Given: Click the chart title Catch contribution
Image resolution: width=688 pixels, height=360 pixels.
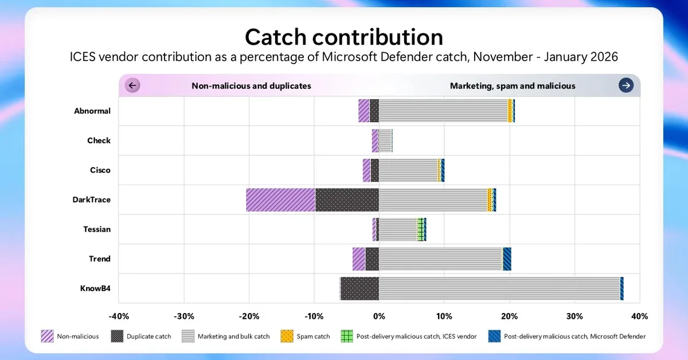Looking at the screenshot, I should pos(343,37).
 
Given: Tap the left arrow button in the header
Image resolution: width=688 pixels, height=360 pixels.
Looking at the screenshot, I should pos(132,86).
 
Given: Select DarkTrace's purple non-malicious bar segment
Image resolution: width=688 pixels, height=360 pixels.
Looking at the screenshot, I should pos(280,199).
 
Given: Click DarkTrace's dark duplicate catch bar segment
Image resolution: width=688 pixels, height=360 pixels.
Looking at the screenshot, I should pos(347,199).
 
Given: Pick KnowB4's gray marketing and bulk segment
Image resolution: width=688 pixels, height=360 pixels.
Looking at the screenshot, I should pos(499,288).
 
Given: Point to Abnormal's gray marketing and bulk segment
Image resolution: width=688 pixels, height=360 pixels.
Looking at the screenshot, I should pos(443,111).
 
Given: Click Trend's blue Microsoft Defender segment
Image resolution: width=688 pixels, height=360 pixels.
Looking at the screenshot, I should pos(507,259).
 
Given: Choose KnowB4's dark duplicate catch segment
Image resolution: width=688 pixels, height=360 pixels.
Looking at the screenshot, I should pos(359,288).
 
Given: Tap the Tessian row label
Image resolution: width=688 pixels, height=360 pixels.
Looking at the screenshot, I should pos(97,229).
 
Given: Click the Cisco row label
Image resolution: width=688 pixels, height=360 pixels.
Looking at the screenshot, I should pos(100,170).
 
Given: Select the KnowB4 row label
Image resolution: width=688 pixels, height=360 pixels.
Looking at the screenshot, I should pos(95,288).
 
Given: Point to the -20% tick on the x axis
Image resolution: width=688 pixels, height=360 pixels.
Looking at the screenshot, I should pos(249,316).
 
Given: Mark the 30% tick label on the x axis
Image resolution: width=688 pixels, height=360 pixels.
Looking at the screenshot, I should pos(574,316).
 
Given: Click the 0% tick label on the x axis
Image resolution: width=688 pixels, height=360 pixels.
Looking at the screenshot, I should pos(379,316).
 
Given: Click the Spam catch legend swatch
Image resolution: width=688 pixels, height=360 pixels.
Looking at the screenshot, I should pos(288,336).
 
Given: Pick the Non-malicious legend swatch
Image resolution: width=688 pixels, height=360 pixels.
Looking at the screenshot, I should pos(48,336).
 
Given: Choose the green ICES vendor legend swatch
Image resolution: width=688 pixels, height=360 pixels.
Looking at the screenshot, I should pos(346,336).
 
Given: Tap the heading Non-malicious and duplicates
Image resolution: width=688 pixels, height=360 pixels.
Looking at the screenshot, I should pos(251,86).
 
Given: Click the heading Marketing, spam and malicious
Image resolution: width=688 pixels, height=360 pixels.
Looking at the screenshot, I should pos(513,86).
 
